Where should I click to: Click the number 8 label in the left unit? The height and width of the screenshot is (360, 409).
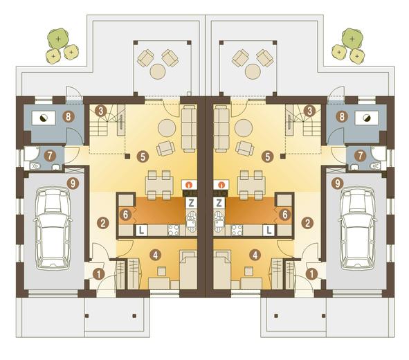(x=69, y=116)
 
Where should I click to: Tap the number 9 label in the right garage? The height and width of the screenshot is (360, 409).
(x=338, y=183)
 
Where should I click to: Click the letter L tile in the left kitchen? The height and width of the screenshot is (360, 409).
(x=141, y=231)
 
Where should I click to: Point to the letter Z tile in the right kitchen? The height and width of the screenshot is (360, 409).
(x=219, y=203)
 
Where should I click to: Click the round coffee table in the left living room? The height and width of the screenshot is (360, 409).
(x=167, y=128)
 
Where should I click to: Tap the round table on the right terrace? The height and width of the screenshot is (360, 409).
(x=253, y=71)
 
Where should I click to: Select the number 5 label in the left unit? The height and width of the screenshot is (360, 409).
(x=143, y=156)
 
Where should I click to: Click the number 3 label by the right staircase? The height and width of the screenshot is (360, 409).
(x=309, y=111)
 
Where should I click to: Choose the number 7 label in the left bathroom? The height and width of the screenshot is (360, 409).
(x=50, y=156)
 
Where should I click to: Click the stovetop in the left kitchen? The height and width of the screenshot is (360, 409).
(x=174, y=231)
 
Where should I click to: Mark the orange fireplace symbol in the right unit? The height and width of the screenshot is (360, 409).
(x=221, y=185)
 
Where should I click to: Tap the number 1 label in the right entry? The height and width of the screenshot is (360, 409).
(x=311, y=274)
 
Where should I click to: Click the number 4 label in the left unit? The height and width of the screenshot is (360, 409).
(x=156, y=255)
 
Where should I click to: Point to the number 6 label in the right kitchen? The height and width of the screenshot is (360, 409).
(x=284, y=215)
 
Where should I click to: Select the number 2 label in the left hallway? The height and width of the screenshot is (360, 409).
(x=102, y=223)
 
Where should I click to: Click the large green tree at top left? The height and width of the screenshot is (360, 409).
(x=58, y=39)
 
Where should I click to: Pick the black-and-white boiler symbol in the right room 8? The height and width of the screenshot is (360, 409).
(x=366, y=118)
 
